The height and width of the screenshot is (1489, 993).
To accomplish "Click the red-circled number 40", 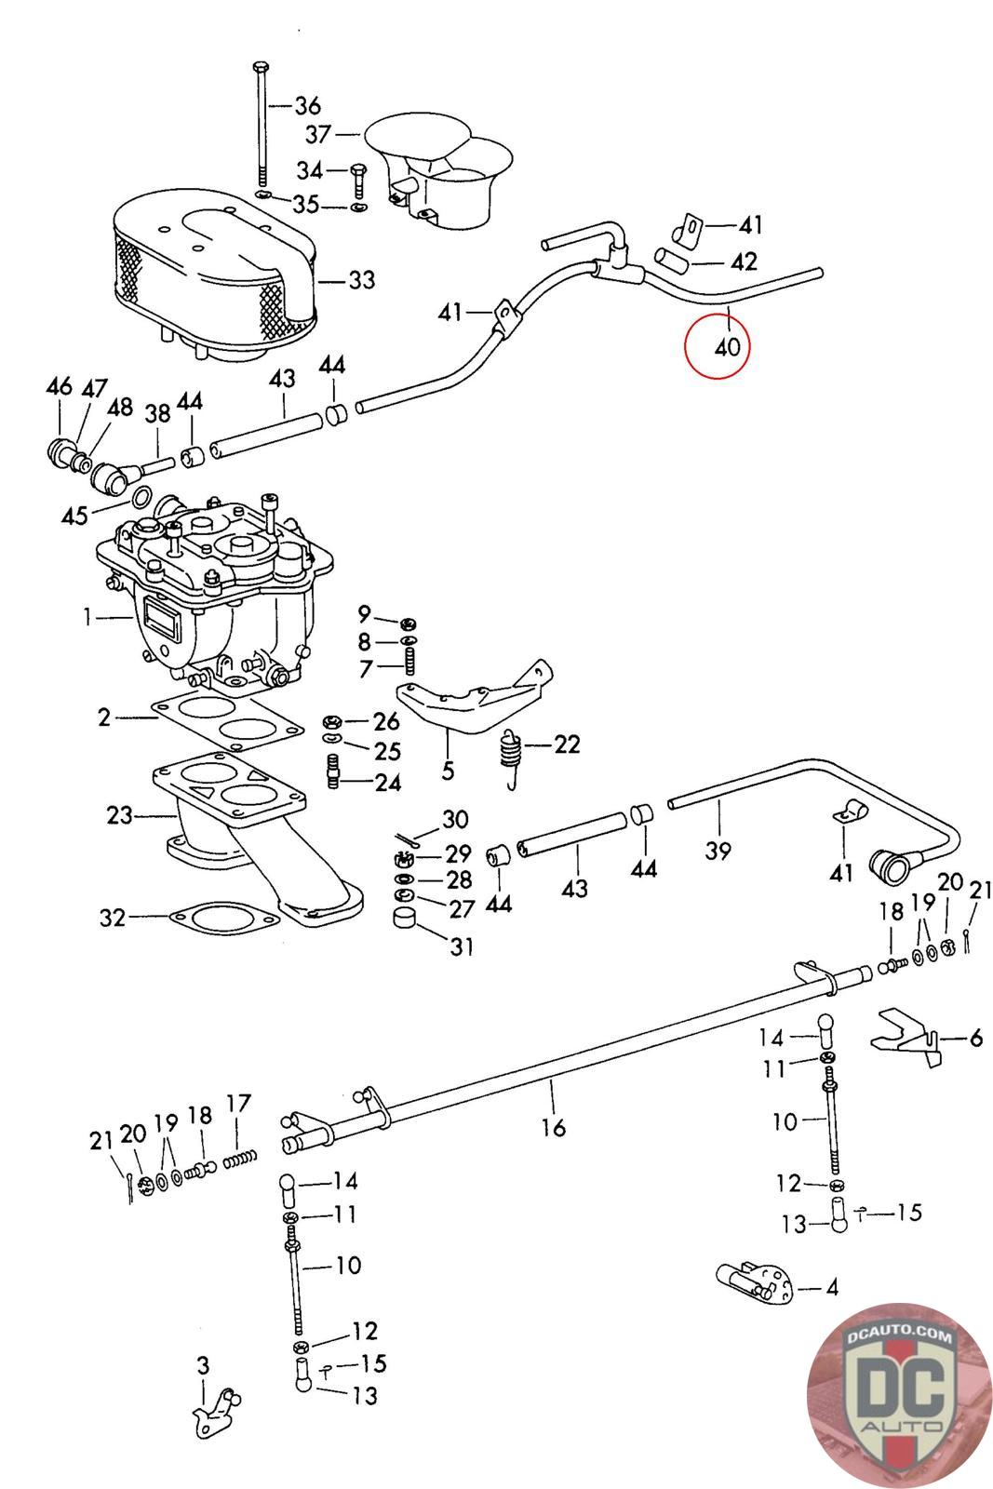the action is pyautogui.click(x=727, y=347).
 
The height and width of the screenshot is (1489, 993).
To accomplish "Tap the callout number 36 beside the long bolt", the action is pyautogui.click(x=308, y=106).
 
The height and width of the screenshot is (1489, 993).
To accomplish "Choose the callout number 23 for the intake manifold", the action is pyautogui.click(x=120, y=815).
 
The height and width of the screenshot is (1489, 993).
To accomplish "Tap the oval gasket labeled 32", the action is pyautogui.click(x=224, y=918).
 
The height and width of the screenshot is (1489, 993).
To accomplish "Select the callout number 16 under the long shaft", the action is pyautogui.click(x=553, y=1126).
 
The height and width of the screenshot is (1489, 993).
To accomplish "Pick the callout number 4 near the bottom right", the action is pyautogui.click(x=831, y=1288).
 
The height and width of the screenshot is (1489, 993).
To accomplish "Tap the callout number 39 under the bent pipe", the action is pyautogui.click(x=718, y=850).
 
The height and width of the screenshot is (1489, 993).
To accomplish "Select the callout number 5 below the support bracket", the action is pyautogui.click(x=448, y=771).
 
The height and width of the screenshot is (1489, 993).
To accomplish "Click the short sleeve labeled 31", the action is pyautogui.click(x=405, y=918).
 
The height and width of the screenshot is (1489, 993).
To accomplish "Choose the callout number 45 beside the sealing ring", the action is pyautogui.click(x=74, y=516).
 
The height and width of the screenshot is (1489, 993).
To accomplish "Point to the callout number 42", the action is pyautogui.click(x=744, y=262).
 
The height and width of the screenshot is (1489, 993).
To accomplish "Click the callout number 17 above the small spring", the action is pyautogui.click(x=238, y=1103).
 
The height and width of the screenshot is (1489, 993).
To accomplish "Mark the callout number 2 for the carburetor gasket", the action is pyautogui.click(x=104, y=718).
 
